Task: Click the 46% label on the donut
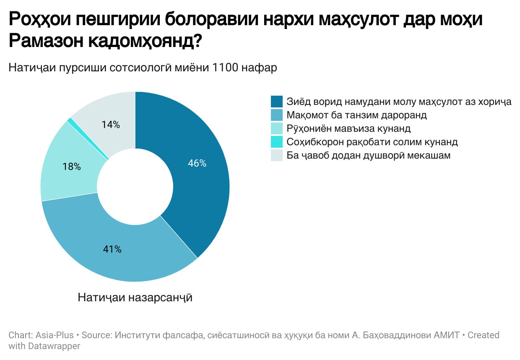[x=197, y=164]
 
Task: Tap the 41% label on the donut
[x=112, y=249]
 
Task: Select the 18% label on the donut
[x=71, y=167]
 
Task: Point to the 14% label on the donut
[x=111, y=125]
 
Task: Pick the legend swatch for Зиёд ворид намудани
[x=277, y=102]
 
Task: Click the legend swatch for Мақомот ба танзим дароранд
[x=277, y=115]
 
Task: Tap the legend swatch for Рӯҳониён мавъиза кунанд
[x=277, y=128]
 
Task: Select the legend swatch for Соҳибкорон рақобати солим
[x=277, y=142]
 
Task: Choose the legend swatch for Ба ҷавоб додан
[x=277, y=155]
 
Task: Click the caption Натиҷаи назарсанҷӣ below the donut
[x=135, y=297]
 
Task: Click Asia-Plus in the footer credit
[x=53, y=335]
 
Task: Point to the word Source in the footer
[x=95, y=335]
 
